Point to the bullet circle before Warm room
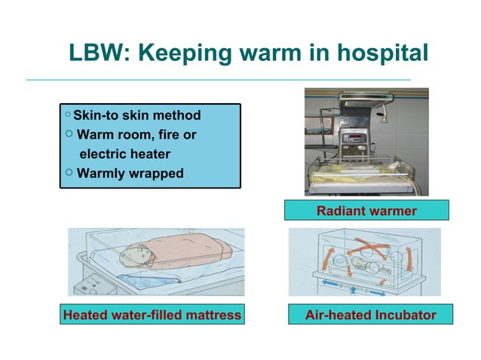(x=69, y=134)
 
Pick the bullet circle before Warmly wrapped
(x=69, y=172)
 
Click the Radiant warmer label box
(x=366, y=210)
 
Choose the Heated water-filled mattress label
(x=152, y=314)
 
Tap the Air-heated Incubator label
(x=369, y=314)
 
